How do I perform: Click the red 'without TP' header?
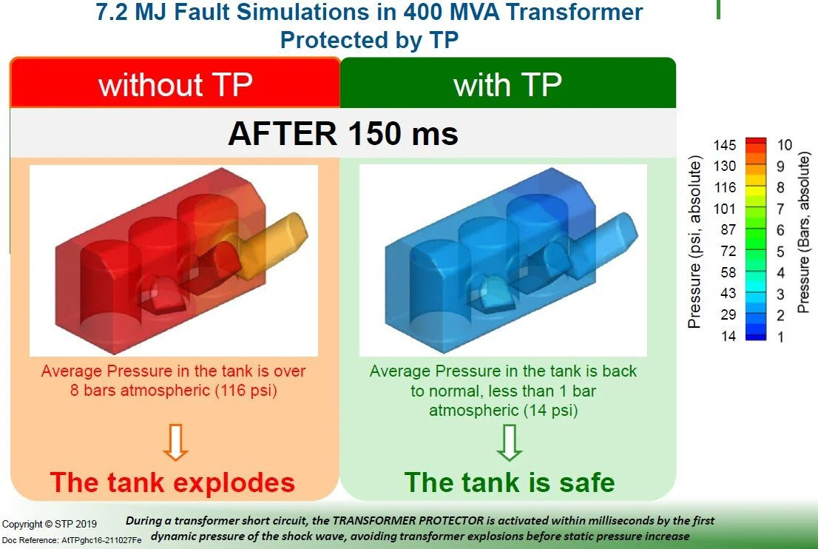(x=175, y=84)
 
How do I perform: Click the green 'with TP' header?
(x=507, y=84)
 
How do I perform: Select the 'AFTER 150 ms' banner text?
(x=343, y=133)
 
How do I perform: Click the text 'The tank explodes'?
(x=172, y=483)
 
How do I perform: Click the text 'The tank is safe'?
(x=510, y=483)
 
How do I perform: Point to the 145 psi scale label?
(x=725, y=145)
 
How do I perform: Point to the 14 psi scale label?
(x=728, y=336)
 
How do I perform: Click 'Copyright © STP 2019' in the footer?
(x=50, y=525)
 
